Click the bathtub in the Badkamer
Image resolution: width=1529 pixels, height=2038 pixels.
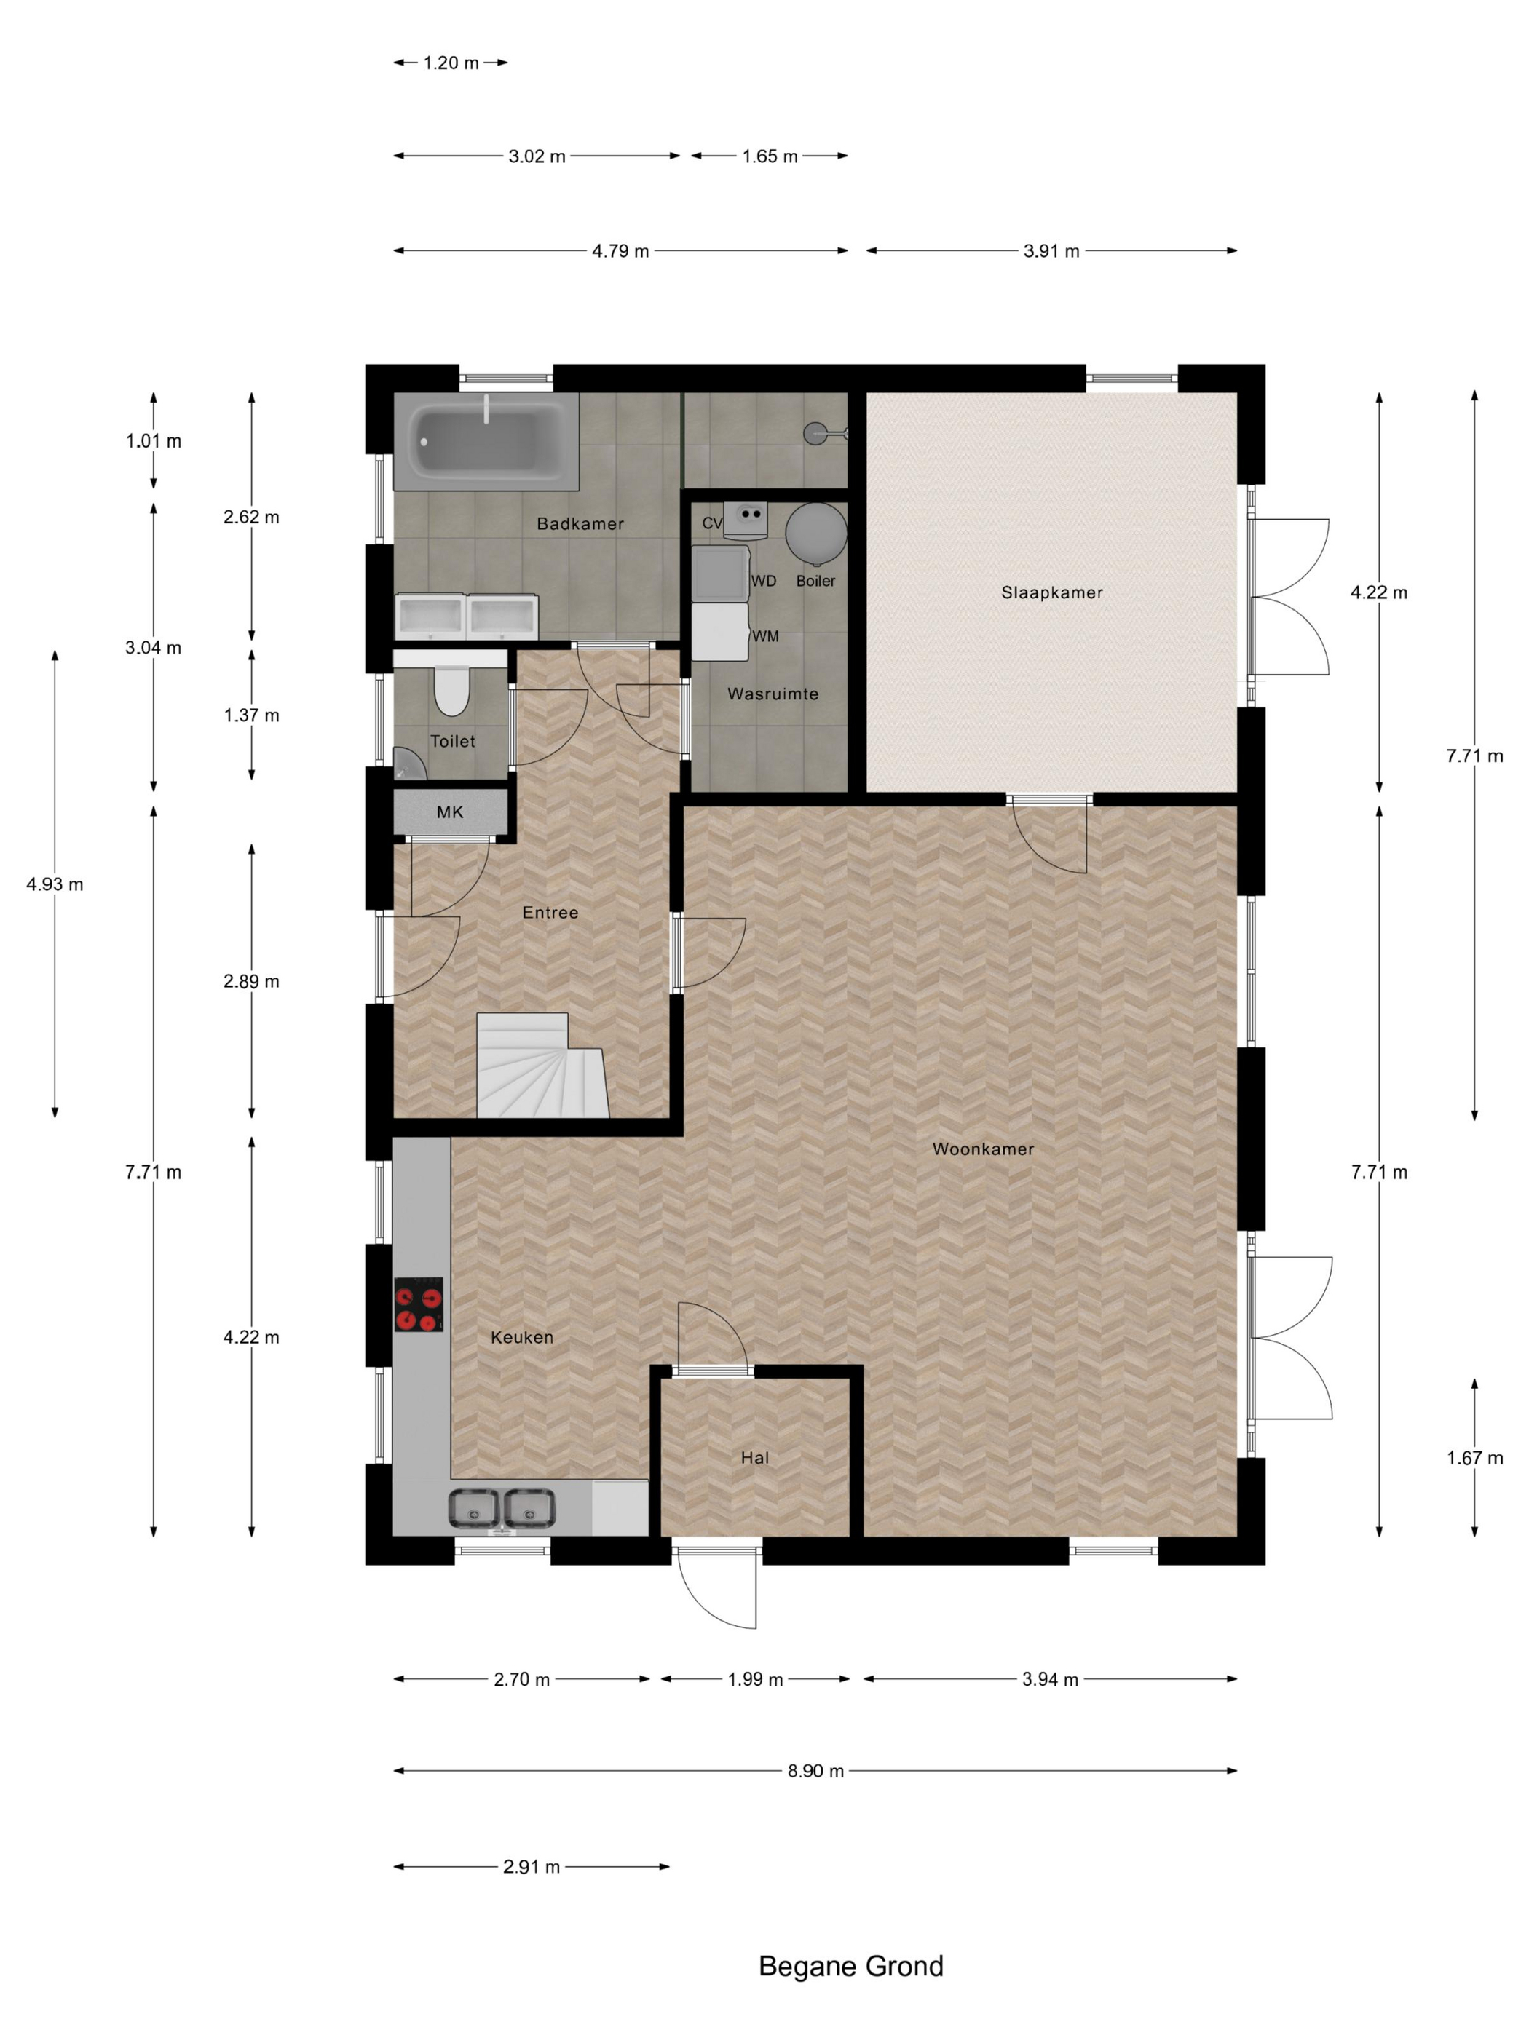click(x=486, y=441)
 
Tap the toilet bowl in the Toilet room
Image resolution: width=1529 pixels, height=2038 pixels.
click(x=451, y=692)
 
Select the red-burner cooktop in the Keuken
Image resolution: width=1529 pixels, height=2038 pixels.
click(x=419, y=1304)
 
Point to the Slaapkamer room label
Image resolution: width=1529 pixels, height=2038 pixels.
click(x=1051, y=592)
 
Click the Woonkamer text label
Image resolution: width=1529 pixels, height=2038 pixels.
click(x=982, y=1149)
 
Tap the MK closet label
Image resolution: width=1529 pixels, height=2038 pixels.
click(x=450, y=812)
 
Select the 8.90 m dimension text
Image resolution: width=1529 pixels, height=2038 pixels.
click(x=815, y=1771)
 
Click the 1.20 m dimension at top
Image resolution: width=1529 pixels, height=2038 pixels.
click(x=451, y=63)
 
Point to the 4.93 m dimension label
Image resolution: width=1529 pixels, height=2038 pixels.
click(x=55, y=884)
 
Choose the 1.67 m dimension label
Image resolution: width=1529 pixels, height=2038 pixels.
click(x=1474, y=1458)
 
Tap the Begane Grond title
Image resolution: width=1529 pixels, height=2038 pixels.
click(x=850, y=1966)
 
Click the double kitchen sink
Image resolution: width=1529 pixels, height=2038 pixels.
click(x=502, y=1507)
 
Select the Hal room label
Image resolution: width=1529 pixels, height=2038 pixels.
click(x=754, y=1458)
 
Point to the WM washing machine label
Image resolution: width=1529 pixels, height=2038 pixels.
click(x=765, y=635)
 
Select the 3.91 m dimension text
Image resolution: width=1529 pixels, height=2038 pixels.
click(x=1051, y=250)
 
